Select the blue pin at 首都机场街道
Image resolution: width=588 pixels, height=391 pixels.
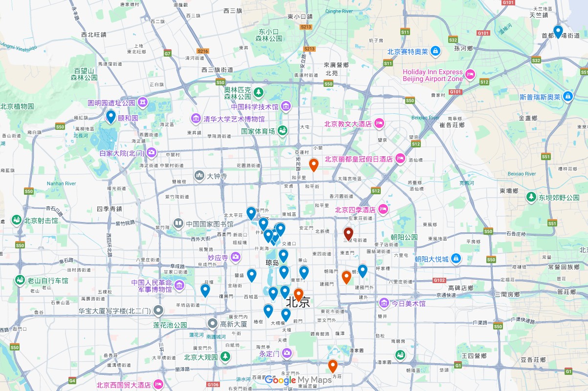pos(558,31)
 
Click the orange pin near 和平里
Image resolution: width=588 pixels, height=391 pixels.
pos(314,165)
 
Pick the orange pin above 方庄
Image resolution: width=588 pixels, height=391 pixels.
pos(333,366)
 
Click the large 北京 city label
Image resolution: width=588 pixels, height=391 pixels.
pos(298,302)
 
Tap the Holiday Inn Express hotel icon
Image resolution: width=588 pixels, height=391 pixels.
pos(470,75)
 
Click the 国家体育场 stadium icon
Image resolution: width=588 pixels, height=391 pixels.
pos(283,131)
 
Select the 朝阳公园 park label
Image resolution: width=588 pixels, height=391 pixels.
pos(404,237)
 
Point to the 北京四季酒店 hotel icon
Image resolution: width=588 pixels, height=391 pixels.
pos(383,210)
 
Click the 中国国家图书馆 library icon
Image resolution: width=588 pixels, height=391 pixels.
pos(178,224)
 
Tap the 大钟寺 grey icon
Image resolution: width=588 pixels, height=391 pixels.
pos(199,176)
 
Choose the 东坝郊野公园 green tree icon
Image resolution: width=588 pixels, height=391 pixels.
pos(531,197)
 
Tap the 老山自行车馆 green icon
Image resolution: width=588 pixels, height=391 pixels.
pos(20,280)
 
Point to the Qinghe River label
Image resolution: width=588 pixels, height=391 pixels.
pos(338,11)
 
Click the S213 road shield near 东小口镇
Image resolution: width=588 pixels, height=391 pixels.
pos(306,27)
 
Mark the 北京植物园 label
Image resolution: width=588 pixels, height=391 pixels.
pos(17,106)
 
